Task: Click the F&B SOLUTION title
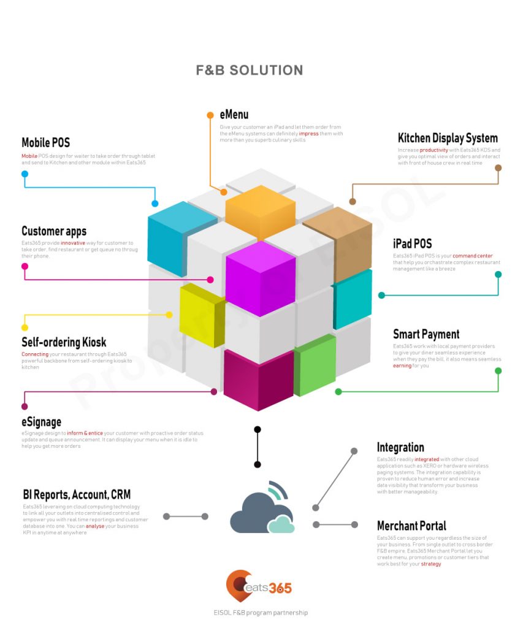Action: [250, 71]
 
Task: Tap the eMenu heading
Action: [234, 115]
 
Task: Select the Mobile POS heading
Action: [46, 143]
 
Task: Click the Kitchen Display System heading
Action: [448, 138]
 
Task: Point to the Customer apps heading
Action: [54, 231]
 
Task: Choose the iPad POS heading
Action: [413, 243]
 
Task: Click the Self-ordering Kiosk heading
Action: [64, 342]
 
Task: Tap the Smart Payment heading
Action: [426, 334]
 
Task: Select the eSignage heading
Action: [41, 422]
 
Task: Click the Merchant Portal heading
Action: [411, 526]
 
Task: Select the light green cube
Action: [315, 364]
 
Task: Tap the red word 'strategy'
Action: [430, 564]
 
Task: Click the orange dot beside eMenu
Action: [210, 115]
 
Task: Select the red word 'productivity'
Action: [433, 150]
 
